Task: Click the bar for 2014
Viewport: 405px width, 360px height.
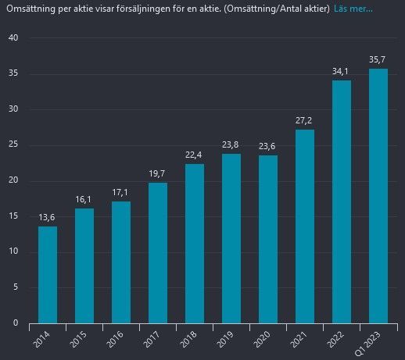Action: [x=48, y=274]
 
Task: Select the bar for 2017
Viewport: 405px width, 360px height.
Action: [x=158, y=252]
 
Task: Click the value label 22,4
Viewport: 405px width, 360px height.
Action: [x=195, y=155]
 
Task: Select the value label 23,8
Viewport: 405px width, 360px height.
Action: [x=231, y=145]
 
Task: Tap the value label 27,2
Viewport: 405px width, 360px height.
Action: [x=305, y=121]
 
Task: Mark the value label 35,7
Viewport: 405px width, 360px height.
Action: [x=378, y=59]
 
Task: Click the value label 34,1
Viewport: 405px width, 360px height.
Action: [x=342, y=71]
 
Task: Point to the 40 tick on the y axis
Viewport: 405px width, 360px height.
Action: [x=13, y=38]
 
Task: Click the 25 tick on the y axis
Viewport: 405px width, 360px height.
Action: [x=13, y=145]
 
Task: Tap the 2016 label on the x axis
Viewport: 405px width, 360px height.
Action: [x=117, y=341]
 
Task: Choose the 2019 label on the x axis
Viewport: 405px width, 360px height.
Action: [x=228, y=341]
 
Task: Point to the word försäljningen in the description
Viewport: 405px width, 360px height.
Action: [x=149, y=9]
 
